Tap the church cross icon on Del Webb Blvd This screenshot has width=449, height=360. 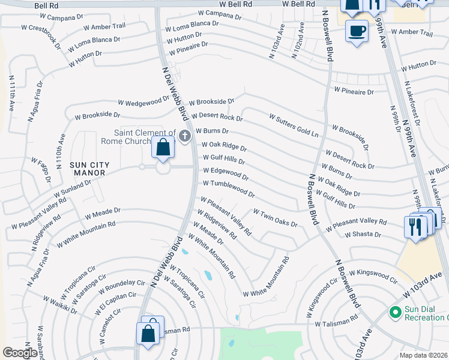(184, 136)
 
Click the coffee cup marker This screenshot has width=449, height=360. (357, 31)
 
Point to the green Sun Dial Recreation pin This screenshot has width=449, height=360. (395, 312)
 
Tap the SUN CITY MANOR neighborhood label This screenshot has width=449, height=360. (87, 169)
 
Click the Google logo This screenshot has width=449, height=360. (19, 353)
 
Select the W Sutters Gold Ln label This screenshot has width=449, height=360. (294, 125)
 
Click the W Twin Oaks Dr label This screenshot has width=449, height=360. (276, 217)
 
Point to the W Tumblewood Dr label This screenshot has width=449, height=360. (229, 189)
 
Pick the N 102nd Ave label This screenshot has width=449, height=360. (298, 41)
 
